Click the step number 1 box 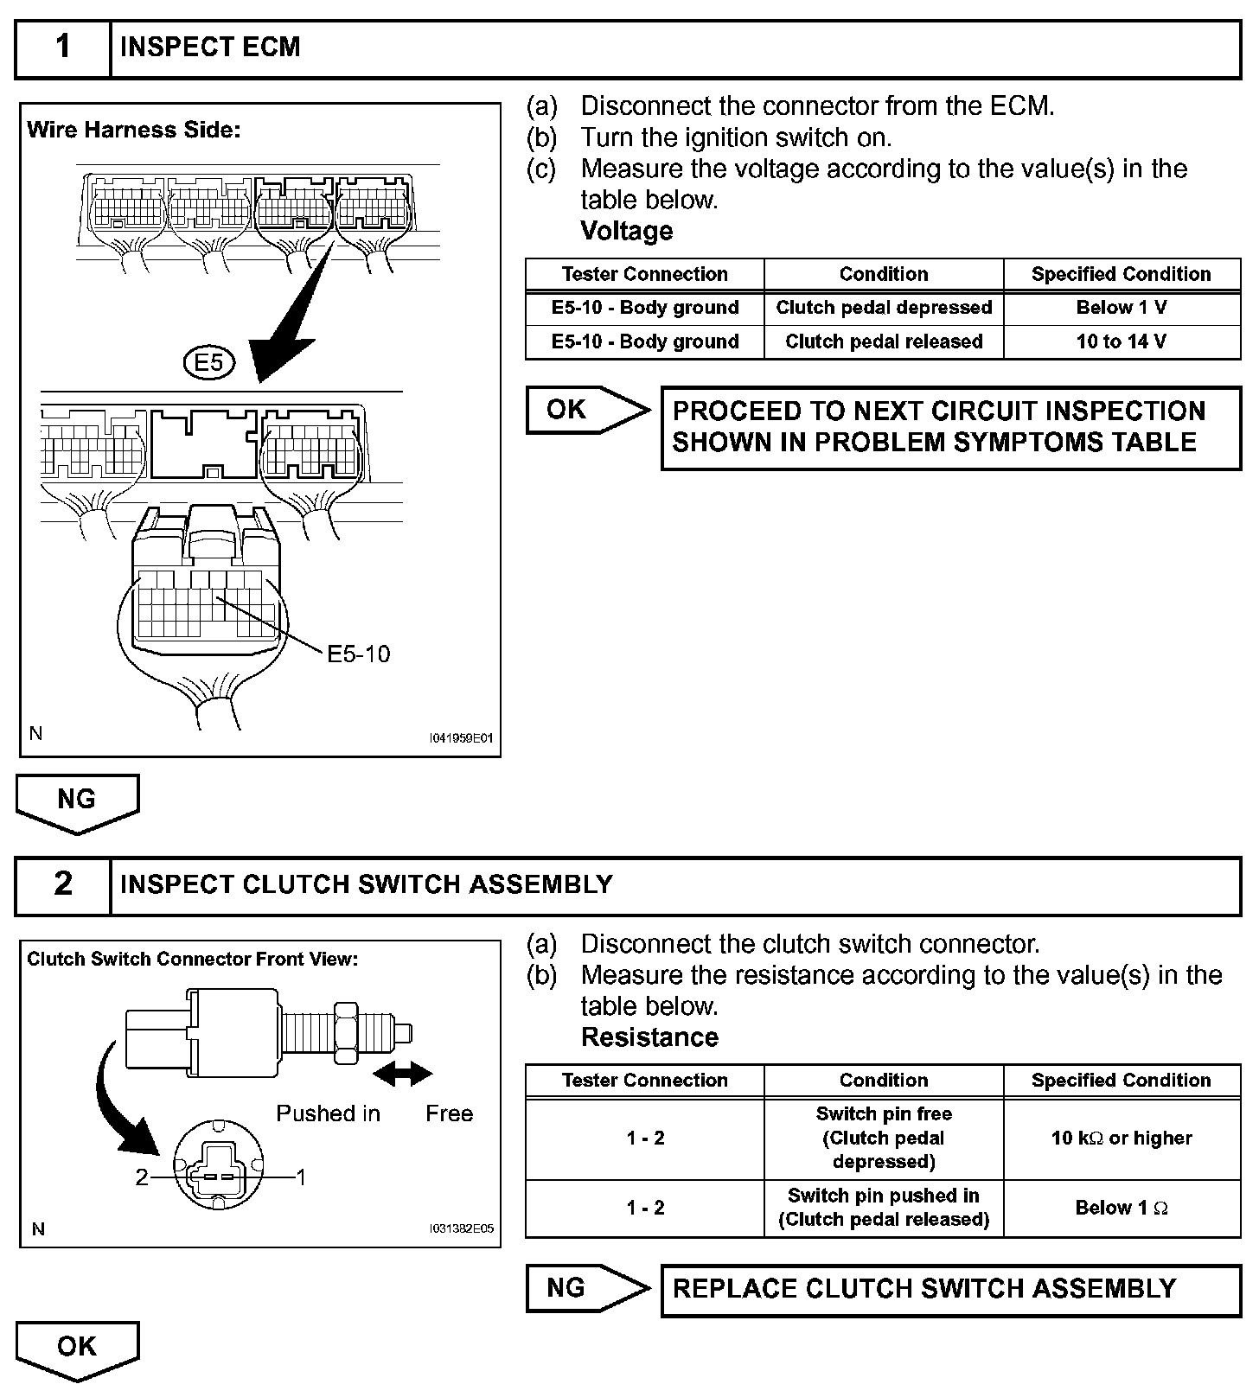(63, 47)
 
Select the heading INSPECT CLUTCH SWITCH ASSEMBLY (367, 884)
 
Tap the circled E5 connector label (209, 363)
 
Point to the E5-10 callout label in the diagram (358, 654)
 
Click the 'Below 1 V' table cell (1122, 308)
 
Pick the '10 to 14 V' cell (1122, 341)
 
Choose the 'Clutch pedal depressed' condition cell (884, 308)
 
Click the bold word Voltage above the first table (626, 231)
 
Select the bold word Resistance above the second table (649, 1037)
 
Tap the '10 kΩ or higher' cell (1122, 1138)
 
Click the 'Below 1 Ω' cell (1122, 1208)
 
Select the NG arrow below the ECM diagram (77, 801)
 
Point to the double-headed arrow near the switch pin (402, 1074)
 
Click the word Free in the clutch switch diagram (449, 1113)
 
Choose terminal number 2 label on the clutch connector (142, 1177)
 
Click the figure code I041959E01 (461, 738)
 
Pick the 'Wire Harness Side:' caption (133, 131)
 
